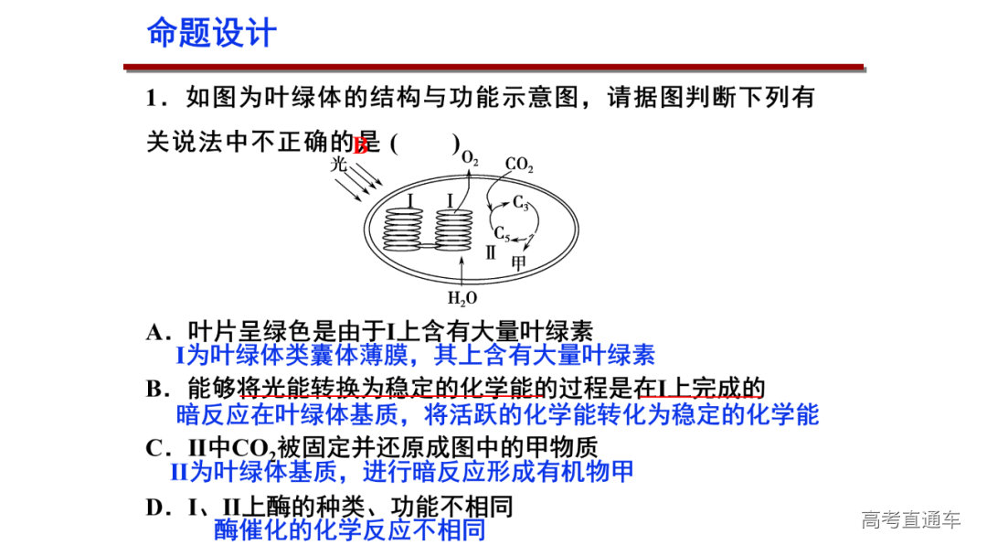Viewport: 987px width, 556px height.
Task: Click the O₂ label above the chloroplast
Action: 469,157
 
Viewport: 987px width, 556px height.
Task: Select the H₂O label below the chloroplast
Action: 462,298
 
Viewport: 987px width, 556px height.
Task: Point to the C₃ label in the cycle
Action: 521,202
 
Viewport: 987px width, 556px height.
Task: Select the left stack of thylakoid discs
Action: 402,230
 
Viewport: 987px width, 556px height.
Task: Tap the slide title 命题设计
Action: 211,33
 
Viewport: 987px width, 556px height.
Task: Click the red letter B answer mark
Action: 361,144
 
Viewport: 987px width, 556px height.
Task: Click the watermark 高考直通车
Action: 911,520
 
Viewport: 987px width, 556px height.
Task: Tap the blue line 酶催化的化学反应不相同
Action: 349,530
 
